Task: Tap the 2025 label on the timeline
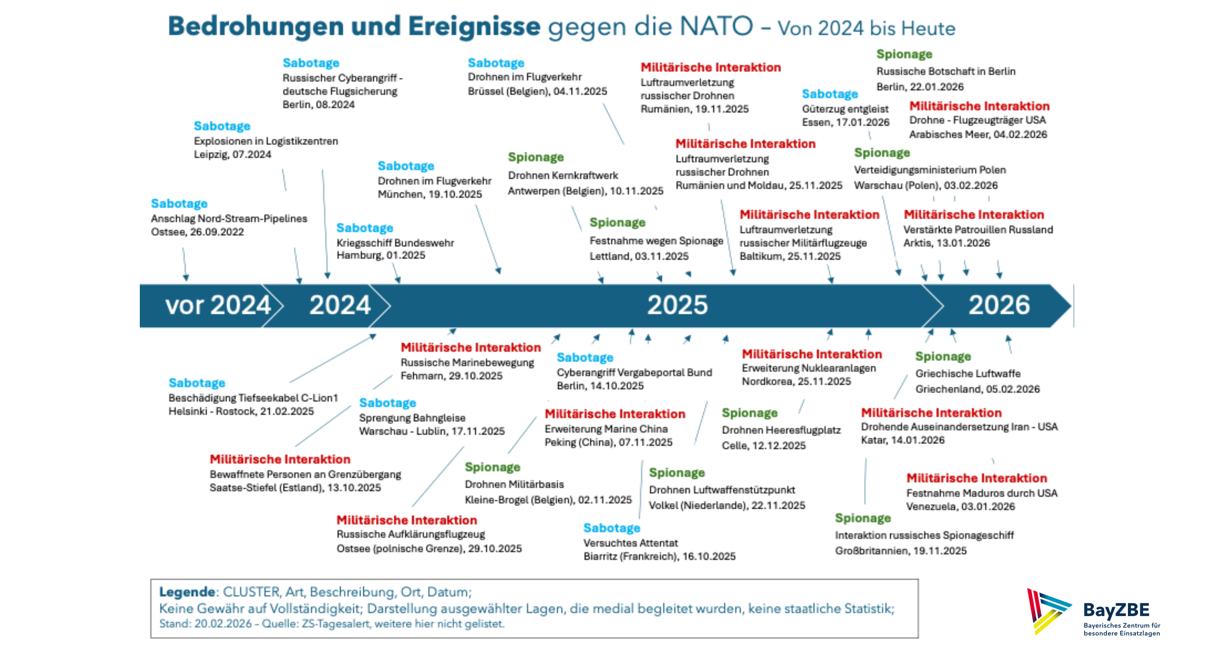677,305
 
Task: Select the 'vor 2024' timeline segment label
218,305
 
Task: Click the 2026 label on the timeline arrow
999,305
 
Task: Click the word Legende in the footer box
187,592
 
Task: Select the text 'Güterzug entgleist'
845,109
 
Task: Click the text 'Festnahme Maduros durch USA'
981,493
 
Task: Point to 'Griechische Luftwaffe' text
968,374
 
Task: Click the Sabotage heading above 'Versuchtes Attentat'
612,528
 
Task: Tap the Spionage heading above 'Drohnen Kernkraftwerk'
535,157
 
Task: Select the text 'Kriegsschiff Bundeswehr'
395,243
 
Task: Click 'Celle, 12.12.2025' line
764,445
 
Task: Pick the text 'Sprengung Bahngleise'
412,418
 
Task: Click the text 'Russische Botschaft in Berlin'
946,71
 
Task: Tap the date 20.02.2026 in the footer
223,624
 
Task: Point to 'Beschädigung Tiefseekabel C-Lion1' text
253,398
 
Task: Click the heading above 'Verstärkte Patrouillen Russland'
973,214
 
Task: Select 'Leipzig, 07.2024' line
233,155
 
